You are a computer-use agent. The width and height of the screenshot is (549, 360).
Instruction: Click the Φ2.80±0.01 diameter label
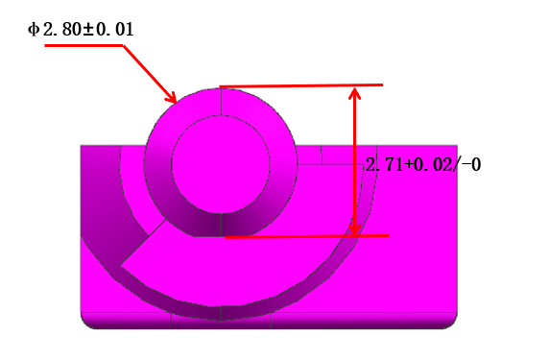81,30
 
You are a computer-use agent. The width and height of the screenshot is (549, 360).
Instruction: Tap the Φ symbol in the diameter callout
34,30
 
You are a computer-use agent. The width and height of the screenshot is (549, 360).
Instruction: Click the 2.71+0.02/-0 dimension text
422,165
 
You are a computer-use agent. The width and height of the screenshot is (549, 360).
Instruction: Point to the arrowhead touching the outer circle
173,98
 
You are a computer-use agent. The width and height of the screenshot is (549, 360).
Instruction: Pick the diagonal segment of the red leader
149,72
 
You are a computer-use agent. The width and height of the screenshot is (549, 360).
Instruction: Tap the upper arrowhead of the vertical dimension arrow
355,92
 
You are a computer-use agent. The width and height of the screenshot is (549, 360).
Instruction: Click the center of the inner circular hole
221,162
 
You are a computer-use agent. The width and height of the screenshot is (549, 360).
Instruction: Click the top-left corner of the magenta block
82,146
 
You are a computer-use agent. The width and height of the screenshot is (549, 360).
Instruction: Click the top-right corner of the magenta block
456,146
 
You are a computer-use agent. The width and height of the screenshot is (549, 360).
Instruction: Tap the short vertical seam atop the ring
221,101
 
